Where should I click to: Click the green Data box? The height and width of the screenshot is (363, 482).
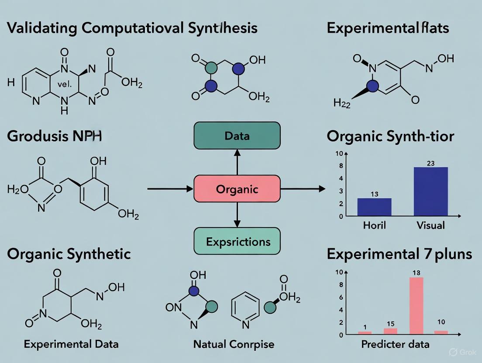click(237, 136)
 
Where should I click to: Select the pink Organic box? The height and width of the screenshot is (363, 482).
click(237, 189)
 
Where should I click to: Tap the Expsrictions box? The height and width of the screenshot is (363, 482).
click(237, 241)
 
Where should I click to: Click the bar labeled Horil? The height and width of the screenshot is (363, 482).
click(374, 207)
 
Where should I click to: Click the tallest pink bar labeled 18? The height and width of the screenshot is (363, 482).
click(416, 305)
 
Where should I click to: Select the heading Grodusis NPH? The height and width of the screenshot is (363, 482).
click(54, 136)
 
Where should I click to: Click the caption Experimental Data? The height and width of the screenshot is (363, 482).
click(71, 344)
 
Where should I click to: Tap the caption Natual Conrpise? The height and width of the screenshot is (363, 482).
click(234, 344)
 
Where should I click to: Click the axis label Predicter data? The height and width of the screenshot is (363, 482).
click(395, 344)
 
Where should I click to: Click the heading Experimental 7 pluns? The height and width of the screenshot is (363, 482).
click(399, 253)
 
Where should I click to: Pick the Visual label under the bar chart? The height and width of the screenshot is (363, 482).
click(430, 225)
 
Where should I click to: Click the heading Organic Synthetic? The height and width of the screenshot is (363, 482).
click(69, 253)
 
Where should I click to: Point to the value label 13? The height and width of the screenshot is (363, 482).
click(374, 194)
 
